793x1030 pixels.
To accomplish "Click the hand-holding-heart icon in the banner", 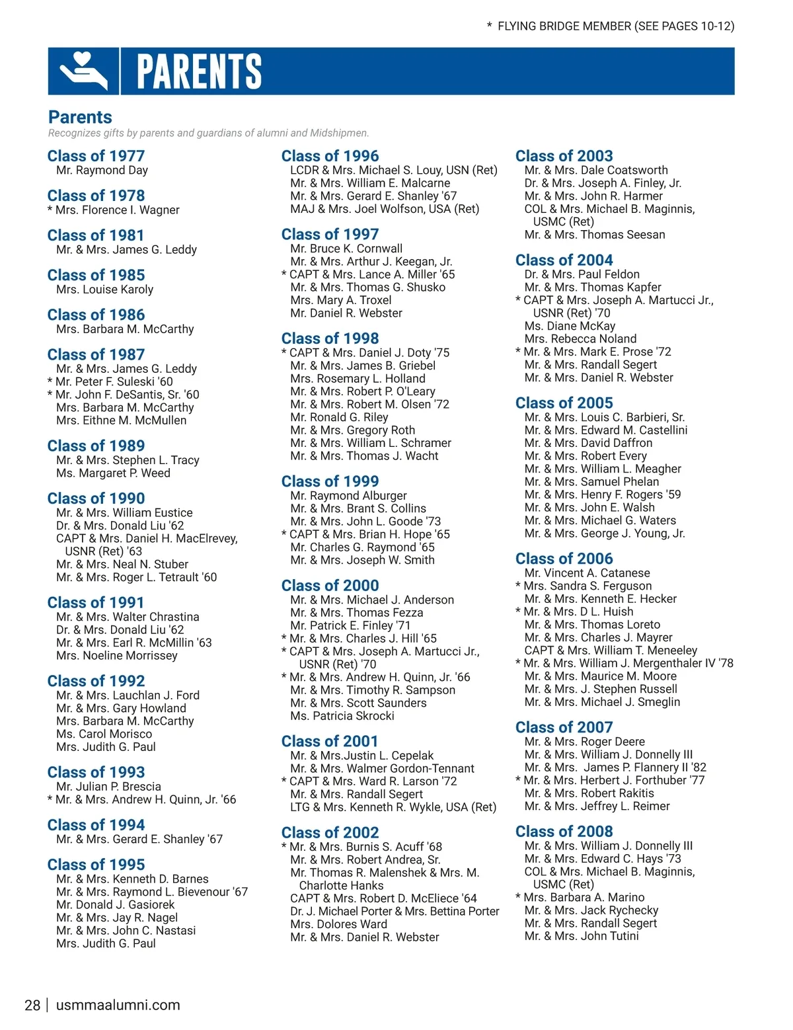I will point(83,71).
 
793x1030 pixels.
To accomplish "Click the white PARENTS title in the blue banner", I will point(199,71).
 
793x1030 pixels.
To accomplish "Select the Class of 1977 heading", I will point(96,156).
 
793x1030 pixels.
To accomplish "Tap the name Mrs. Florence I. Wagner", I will point(117,210).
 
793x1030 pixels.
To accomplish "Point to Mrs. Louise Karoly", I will point(104,290).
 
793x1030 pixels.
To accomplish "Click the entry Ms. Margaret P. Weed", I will point(113,473).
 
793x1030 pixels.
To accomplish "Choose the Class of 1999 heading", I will point(330,481).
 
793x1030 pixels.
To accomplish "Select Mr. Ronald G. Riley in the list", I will point(339,417).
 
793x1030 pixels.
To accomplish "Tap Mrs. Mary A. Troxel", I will point(341,300).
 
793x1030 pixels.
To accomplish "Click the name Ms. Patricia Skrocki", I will point(342,716).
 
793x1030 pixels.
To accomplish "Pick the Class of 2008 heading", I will point(564,831).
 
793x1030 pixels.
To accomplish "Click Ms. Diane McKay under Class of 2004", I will point(570,326).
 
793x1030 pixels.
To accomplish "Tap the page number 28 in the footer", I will point(32,1006).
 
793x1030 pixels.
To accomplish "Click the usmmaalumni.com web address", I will point(118,1006).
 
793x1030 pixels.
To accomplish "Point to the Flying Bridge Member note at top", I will point(611,26).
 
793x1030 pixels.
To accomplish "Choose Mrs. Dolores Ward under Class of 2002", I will point(338,924).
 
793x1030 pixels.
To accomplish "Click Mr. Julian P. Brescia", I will point(108,787).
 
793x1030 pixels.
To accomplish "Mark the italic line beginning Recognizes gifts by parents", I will point(208,133).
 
